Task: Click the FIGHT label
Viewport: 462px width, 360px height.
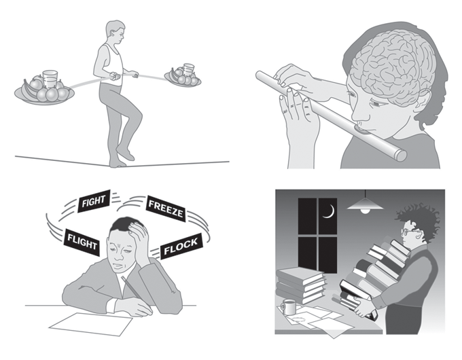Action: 94,201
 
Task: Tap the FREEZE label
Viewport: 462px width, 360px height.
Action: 166,209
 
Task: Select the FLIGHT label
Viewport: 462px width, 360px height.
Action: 82,242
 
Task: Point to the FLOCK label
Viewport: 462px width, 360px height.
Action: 181,247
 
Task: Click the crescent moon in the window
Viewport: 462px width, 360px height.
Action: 330,211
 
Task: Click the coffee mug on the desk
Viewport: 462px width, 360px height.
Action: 287,307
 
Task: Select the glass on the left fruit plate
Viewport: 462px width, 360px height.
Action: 50,79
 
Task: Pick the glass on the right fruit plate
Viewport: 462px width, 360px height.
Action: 188,70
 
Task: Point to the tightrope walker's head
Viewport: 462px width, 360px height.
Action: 115,32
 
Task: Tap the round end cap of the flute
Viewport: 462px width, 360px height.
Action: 401,156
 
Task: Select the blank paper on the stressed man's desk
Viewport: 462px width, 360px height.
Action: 91,324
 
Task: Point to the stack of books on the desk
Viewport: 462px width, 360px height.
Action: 301,285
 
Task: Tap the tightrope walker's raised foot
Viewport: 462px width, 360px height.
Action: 126,153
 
